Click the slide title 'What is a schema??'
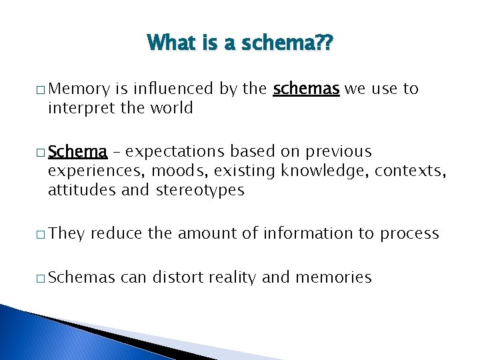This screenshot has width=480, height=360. (240, 44)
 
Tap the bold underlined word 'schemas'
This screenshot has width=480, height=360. (307, 89)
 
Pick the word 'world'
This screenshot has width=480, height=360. (171, 107)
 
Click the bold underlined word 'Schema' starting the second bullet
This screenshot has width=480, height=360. (77, 151)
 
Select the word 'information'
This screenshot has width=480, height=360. (302, 233)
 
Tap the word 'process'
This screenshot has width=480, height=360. (409, 234)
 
